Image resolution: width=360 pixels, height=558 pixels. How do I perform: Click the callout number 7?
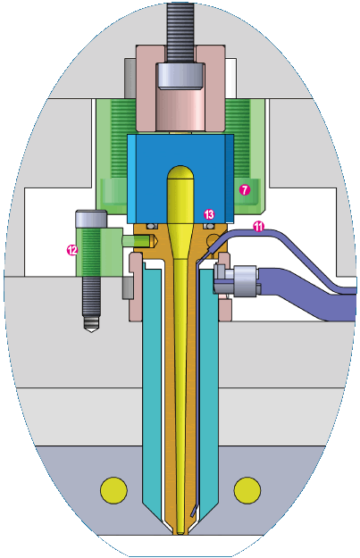pyautogui.click(x=244, y=190)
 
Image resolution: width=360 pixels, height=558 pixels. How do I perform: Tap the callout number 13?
pyautogui.click(x=209, y=214)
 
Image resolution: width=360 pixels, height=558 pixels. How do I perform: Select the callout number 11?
pyautogui.click(x=259, y=227)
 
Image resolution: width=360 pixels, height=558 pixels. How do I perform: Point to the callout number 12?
pyautogui.click(x=72, y=250)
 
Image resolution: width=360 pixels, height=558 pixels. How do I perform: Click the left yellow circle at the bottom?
pyautogui.click(x=114, y=490)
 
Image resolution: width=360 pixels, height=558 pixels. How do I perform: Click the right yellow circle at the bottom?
pyautogui.click(x=247, y=490)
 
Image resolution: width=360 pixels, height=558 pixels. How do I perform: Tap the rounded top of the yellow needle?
pyautogui.click(x=180, y=173)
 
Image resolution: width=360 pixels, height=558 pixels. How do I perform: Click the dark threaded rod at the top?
pyautogui.click(x=180, y=33)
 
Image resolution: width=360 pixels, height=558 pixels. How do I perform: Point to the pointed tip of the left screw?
pyautogui.click(x=91, y=331)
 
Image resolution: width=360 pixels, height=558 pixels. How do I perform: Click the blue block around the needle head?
pyautogui.click(x=180, y=179)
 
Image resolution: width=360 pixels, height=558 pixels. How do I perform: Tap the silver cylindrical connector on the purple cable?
pyautogui.click(x=246, y=280)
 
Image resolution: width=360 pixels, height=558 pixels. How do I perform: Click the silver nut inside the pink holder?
pyautogui.click(x=181, y=76)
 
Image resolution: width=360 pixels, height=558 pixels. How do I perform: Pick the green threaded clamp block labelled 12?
pyautogui.click(x=99, y=252)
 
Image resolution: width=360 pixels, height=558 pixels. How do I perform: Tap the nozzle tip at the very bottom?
pyautogui.click(x=180, y=531)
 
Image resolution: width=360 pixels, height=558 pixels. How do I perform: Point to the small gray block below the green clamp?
pyautogui.click(x=128, y=287)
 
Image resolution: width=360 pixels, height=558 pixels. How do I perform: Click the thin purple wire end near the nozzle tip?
pyautogui.click(x=193, y=511)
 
